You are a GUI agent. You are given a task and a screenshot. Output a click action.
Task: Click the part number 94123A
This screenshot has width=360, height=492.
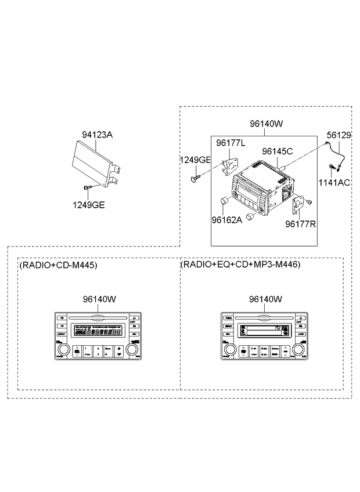[97, 135]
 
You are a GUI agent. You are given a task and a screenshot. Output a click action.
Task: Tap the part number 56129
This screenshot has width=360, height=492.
[339, 135]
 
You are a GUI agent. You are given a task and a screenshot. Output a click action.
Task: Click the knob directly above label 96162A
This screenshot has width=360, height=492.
[224, 201]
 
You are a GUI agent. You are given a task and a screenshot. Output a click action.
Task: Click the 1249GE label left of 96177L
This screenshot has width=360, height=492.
[195, 159]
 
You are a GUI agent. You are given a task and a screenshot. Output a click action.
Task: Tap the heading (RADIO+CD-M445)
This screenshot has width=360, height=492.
[58, 265]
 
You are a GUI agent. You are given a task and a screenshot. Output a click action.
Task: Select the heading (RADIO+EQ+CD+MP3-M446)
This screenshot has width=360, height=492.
[240, 265]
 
